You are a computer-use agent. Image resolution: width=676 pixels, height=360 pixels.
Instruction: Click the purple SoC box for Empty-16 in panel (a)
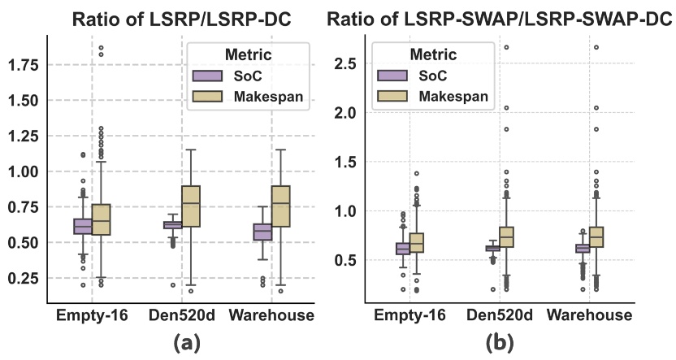pyautogui.click(x=83, y=226)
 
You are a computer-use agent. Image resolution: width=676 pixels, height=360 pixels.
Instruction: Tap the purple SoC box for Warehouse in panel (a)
pyautogui.click(x=262, y=232)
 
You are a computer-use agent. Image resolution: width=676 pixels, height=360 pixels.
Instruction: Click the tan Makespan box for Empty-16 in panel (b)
pyautogui.click(x=417, y=243)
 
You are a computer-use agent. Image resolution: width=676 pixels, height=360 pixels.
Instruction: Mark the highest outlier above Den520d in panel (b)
pyautogui.click(x=507, y=47)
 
